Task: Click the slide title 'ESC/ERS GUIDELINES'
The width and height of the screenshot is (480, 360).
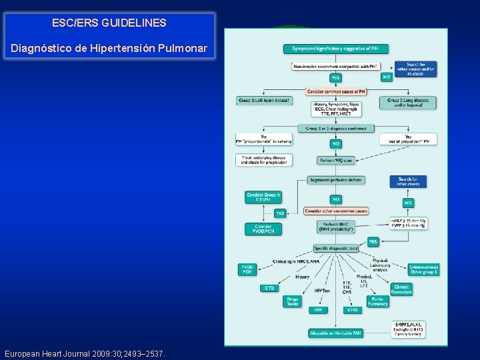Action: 109,23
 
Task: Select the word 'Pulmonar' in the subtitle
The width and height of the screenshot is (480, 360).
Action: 185,49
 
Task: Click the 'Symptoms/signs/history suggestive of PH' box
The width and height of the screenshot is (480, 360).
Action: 336,49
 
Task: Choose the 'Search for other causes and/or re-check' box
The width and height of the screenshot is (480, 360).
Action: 416,69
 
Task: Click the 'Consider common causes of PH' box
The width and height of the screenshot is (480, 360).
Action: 335,91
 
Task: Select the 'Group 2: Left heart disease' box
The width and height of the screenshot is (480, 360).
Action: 264,101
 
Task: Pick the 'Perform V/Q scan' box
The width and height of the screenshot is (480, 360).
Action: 336,161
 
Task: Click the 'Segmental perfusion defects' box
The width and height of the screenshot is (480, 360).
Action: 336,180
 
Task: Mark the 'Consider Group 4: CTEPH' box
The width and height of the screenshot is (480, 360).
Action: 263,197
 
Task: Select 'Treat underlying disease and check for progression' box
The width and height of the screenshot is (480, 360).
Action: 263,160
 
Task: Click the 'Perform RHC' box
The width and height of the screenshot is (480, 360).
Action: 336,227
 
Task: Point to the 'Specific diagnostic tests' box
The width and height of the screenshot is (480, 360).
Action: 336,248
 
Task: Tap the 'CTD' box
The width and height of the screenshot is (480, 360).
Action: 269,288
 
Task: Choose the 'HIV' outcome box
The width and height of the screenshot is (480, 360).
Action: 317,310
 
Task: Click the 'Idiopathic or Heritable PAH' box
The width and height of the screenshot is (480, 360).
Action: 336,332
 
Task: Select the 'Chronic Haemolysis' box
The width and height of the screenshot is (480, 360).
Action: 401,289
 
